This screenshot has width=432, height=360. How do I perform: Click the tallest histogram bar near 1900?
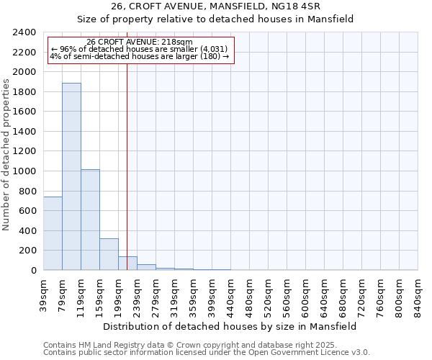pos(71,176)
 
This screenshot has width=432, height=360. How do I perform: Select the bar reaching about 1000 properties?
pos(90,220)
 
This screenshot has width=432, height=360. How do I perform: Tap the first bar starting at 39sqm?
pos(53,233)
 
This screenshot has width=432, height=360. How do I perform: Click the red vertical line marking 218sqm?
pos(127,166)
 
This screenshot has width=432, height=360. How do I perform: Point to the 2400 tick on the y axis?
pos(26,32)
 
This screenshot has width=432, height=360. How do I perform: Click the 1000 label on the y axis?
pos(26,171)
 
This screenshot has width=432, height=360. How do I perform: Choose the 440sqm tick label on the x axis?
pos(231,294)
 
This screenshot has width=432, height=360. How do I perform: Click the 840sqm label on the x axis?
pos(418,294)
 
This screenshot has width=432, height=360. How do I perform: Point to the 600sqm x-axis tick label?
pos(306,294)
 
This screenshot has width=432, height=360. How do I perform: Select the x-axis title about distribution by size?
pos(230,326)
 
